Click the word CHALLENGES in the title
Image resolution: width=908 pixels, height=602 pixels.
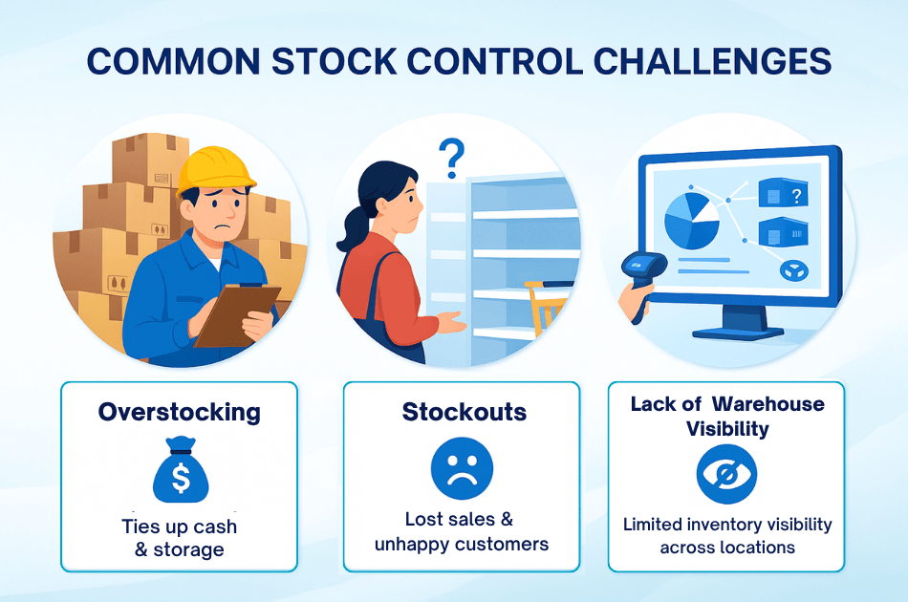[x=712, y=61]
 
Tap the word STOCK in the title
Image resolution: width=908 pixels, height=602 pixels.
[x=335, y=61]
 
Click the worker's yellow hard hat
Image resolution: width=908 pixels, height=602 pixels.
[x=215, y=170]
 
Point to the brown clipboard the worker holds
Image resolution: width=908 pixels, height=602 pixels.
[x=237, y=314]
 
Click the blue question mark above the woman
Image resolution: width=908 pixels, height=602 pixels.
[x=452, y=158]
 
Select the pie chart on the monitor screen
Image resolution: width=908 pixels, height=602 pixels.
[x=691, y=221]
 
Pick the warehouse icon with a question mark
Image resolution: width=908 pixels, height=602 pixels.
[x=783, y=193]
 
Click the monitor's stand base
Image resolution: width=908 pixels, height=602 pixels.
[x=738, y=333]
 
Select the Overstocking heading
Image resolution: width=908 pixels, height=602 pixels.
[x=180, y=412]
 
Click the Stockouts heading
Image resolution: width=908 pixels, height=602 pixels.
[x=465, y=412]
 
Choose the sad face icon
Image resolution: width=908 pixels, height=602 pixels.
[x=462, y=468]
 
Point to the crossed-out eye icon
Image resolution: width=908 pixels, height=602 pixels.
[x=726, y=474]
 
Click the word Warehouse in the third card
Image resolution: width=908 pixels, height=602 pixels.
[x=767, y=403]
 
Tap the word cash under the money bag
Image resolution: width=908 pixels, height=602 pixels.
[x=215, y=527]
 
